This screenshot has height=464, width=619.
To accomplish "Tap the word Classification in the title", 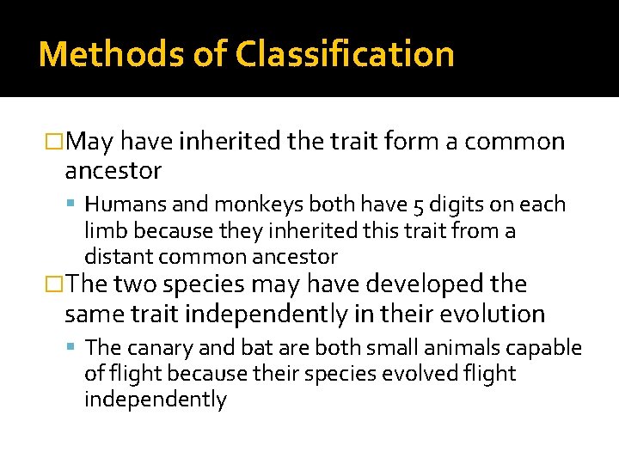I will click(x=346, y=54).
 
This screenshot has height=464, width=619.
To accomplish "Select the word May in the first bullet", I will click(x=90, y=141).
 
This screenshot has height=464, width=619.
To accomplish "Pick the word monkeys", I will click(x=252, y=205).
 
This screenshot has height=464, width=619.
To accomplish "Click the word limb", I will click(x=104, y=230).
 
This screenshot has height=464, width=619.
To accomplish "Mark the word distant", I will click(x=116, y=256).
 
